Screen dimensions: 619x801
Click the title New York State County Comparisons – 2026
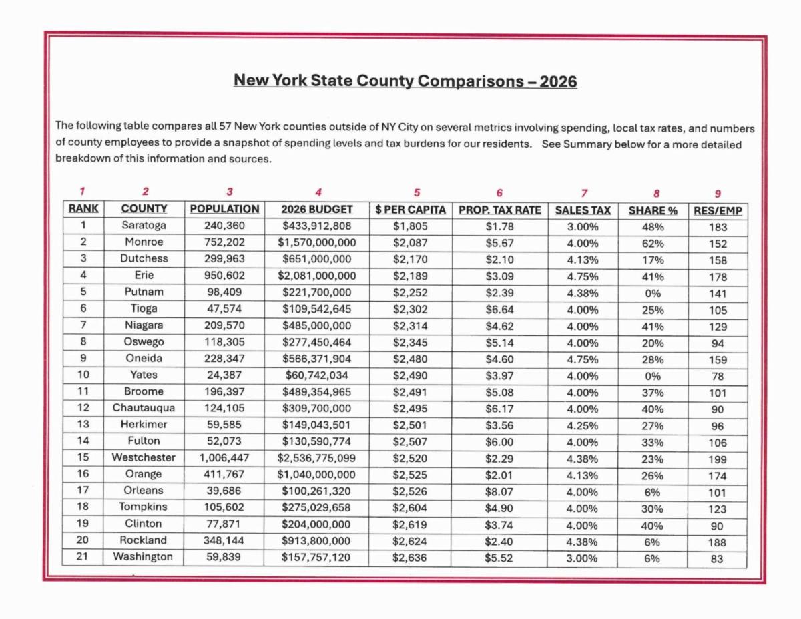coord(405,81)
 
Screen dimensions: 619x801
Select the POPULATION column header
coord(224,210)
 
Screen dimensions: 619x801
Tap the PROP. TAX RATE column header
coord(499,210)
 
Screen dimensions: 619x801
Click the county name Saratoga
coord(144,226)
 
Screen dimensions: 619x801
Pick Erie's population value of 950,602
coord(224,276)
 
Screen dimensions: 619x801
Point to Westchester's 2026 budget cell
coord(316,457)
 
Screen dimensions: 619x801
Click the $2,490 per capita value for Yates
coord(410,375)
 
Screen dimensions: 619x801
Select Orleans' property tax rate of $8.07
coord(499,491)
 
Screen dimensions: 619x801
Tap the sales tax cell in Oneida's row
coord(583,359)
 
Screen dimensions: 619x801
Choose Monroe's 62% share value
coord(653,243)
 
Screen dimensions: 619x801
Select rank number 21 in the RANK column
coord(83,557)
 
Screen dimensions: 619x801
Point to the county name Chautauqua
coord(144,408)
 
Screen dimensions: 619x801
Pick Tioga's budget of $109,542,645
coord(316,309)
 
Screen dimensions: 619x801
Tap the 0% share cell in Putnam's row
coord(653,292)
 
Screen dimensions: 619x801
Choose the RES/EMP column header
coord(718,210)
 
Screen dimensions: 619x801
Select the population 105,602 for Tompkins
coord(224,507)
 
